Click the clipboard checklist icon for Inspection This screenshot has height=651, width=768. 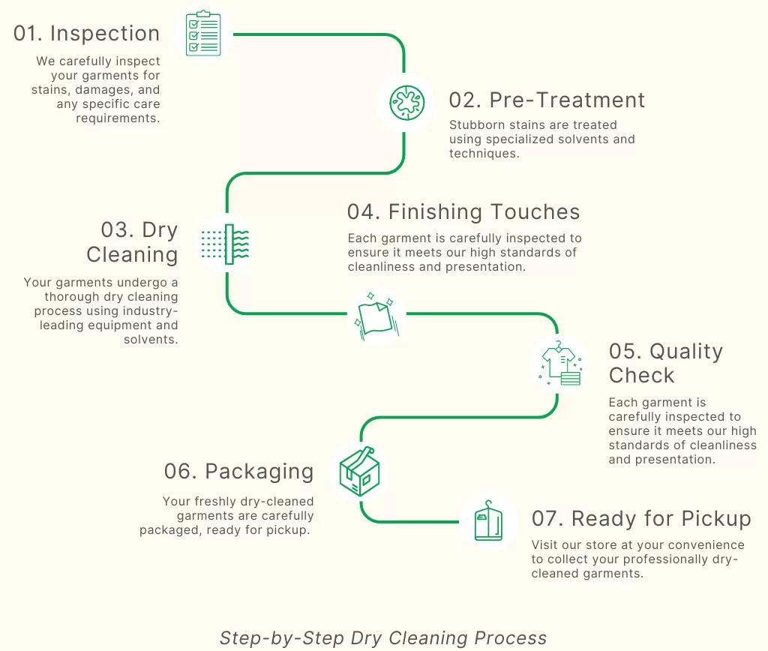204,34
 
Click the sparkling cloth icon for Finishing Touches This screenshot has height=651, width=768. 377,317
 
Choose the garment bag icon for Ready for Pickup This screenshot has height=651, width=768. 487,521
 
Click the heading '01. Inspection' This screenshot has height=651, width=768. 86,34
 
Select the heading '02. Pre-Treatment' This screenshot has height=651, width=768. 547,100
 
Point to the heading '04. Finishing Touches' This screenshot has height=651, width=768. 463,212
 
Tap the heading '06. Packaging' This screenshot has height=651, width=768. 238,471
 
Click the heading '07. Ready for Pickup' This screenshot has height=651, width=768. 641,518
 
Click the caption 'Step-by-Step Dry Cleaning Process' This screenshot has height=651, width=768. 383,638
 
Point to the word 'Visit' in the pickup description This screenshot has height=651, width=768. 545,545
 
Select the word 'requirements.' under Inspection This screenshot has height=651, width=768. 118,118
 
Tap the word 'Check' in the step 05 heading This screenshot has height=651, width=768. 641,375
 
